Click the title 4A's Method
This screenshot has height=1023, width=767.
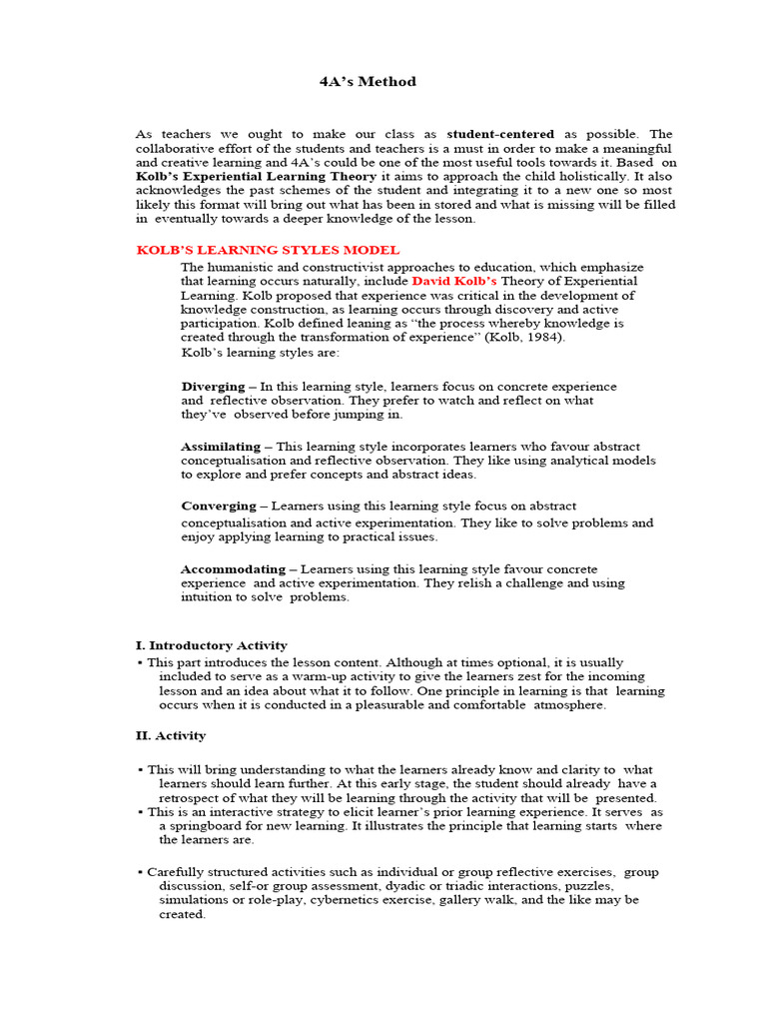(x=368, y=82)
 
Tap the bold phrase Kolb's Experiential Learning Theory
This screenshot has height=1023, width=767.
(x=257, y=176)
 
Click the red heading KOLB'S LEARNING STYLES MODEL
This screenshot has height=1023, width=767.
(x=268, y=250)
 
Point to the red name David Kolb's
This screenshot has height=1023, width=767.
(x=453, y=282)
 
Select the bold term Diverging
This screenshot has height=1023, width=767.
(x=213, y=386)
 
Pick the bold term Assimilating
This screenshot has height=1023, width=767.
(x=221, y=446)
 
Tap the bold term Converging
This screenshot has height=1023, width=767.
(x=218, y=506)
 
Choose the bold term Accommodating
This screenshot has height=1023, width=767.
(x=230, y=568)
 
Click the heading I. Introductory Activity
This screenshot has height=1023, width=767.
(x=211, y=645)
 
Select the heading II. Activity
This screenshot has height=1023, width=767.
(x=171, y=735)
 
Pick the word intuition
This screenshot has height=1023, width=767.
(x=210, y=597)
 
